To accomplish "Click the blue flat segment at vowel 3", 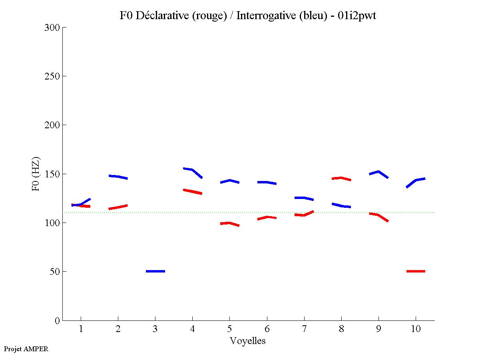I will pos(155,271).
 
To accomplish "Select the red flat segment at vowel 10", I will pos(416,271).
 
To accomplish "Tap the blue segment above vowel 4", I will pos(193,171).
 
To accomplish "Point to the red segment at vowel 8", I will pos(341,178).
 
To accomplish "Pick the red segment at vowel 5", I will pos(229,223).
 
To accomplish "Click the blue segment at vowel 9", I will pos(378,173).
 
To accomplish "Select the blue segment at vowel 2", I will pos(118,177).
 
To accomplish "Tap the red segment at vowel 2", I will pos(118,207).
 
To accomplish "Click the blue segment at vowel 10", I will pos(416,181).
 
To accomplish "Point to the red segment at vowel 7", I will pos(304,214).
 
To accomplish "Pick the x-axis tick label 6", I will pos(267,329).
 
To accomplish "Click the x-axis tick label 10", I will pos(416,329).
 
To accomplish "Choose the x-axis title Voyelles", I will pos(248,341).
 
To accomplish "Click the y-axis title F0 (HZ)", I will pos(36,174).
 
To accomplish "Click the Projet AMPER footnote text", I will pos(26,349).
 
